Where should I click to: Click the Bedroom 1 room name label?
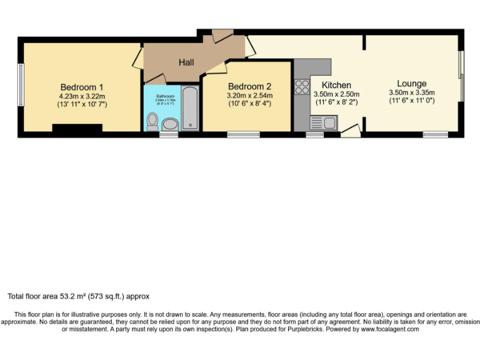click(82, 87)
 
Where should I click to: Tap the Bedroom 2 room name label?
click(249, 86)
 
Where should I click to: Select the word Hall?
click(186, 62)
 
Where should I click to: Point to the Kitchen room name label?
click(336, 85)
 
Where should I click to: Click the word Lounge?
click(411, 83)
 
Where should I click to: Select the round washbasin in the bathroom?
click(169, 123)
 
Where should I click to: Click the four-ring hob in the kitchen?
click(302, 86)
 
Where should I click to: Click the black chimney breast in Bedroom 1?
click(77, 129)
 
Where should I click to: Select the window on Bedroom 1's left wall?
click(20, 85)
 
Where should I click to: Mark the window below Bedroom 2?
click(243, 134)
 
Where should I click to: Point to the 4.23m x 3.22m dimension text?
click(82, 96)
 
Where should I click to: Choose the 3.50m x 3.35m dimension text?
click(411, 92)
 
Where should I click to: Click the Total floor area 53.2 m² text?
click(78, 296)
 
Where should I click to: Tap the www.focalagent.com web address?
click(387, 329)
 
